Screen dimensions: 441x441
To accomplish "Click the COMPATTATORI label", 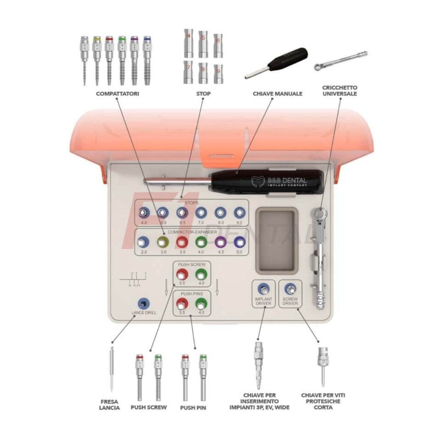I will point(117,94).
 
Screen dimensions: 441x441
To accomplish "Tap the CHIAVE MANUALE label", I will point(277,94).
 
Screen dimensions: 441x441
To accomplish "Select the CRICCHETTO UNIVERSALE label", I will point(340,90).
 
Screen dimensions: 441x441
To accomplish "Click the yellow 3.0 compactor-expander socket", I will point(162,242).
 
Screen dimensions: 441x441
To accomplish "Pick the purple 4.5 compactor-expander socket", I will point(220,242).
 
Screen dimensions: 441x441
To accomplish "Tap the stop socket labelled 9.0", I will point(239,212).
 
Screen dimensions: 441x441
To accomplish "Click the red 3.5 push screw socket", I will point(182,275).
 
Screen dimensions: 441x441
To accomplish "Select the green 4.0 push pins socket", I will point(201,304).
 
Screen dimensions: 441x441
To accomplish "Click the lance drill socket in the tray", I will point(144,304).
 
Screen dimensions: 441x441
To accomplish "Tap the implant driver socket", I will point(263,289).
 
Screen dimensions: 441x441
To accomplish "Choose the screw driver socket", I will point(290,289).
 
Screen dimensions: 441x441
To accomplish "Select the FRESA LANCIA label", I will point(109,404).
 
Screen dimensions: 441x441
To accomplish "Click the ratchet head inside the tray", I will point(319,215).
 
